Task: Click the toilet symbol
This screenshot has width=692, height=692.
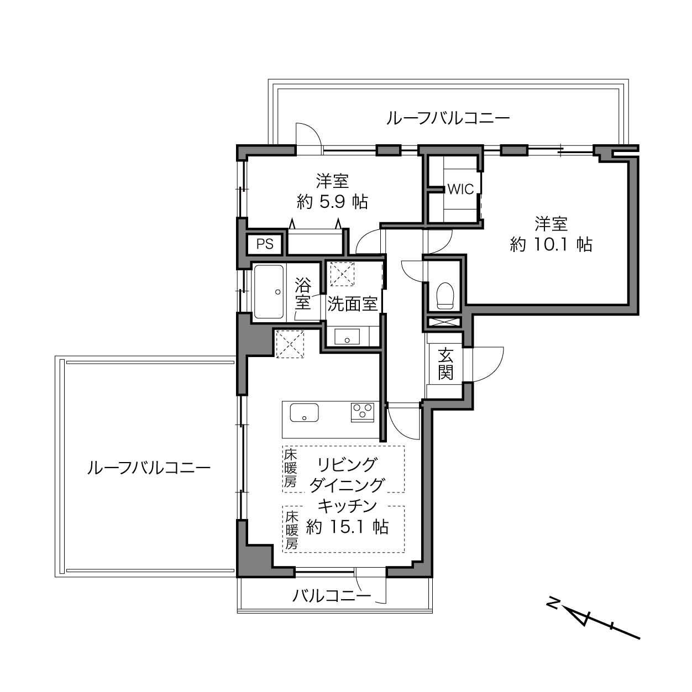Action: click(x=445, y=296)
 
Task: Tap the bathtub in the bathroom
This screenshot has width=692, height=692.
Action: click(x=269, y=292)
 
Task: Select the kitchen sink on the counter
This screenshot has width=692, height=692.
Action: click(x=305, y=412)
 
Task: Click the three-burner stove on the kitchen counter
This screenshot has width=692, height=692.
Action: click(x=363, y=412)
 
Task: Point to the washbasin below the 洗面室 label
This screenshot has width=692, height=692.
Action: click(x=347, y=337)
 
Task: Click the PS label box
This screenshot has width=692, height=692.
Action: click(x=265, y=244)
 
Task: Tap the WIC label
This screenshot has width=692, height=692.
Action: click(x=460, y=189)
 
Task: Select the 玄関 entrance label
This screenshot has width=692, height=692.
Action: click(x=445, y=364)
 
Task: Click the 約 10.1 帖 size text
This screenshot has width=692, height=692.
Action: click(x=551, y=245)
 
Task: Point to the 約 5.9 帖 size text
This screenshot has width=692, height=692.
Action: click(x=333, y=202)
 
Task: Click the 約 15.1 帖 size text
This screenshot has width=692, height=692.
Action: click(x=347, y=527)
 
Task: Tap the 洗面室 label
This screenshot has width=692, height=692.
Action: click(x=352, y=304)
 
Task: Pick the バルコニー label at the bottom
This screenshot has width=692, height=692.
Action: click(x=332, y=596)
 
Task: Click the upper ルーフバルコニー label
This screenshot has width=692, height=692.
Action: click(x=448, y=118)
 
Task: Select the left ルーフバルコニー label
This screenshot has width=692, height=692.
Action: click(x=149, y=468)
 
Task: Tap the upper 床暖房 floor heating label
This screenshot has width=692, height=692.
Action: click(x=291, y=469)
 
